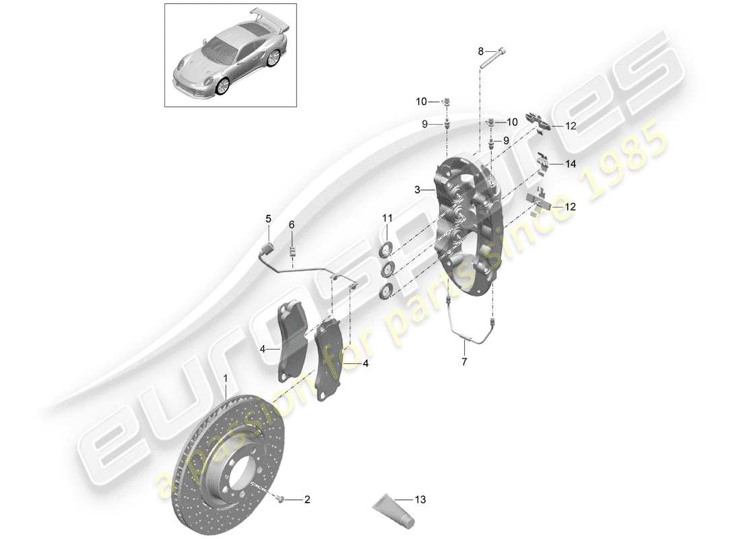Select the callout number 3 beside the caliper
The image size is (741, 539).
pyautogui.click(x=418, y=190)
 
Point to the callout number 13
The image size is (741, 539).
pyautogui.click(x=422, y=500)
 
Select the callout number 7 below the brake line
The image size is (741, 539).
pyautogui.click(x=464, y=361)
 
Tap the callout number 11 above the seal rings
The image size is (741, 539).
pyautogui.click(x=387, y=217)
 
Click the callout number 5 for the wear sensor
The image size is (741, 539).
pyautogui.click(x=267, y=218)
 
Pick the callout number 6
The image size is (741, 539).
pyautogui.click(x=292, y=224)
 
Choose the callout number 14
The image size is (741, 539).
pyautogui.click(x=571, y=164)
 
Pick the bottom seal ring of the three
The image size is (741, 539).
pyautogui.click(x=386, y=291)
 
